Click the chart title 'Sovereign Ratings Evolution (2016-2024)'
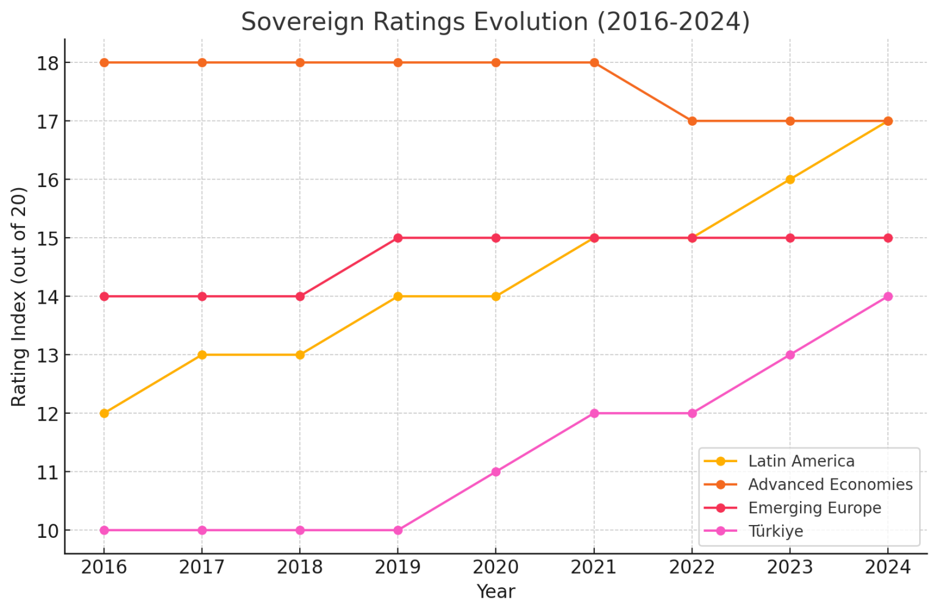click(x=495, y=22)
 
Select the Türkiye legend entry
click(x=775, y=531)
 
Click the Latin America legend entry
click(x=801, y=461)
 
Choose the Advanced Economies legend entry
click(x=830, y=484)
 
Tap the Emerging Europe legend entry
click(x=814, y=508)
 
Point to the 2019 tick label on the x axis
click(x=398, y=567)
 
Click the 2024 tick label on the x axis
click(x=888, y=567)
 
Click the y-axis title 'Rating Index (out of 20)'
click(x=20, y=296)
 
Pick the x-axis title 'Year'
click(x=495, y=592)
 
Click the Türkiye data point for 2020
click(x=496, y=472)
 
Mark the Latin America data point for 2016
click(x=104, y=413)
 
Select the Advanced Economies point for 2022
click(x=692, y=121)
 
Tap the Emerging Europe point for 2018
click(x=300, y=296)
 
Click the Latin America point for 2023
click(x=790, y=180)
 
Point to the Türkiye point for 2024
click(x=888, y=296)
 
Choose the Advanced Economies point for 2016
click(x=104, y=62)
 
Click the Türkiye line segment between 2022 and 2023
click(x=741, y=384)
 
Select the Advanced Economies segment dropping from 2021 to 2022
click(x=643, y=92)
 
